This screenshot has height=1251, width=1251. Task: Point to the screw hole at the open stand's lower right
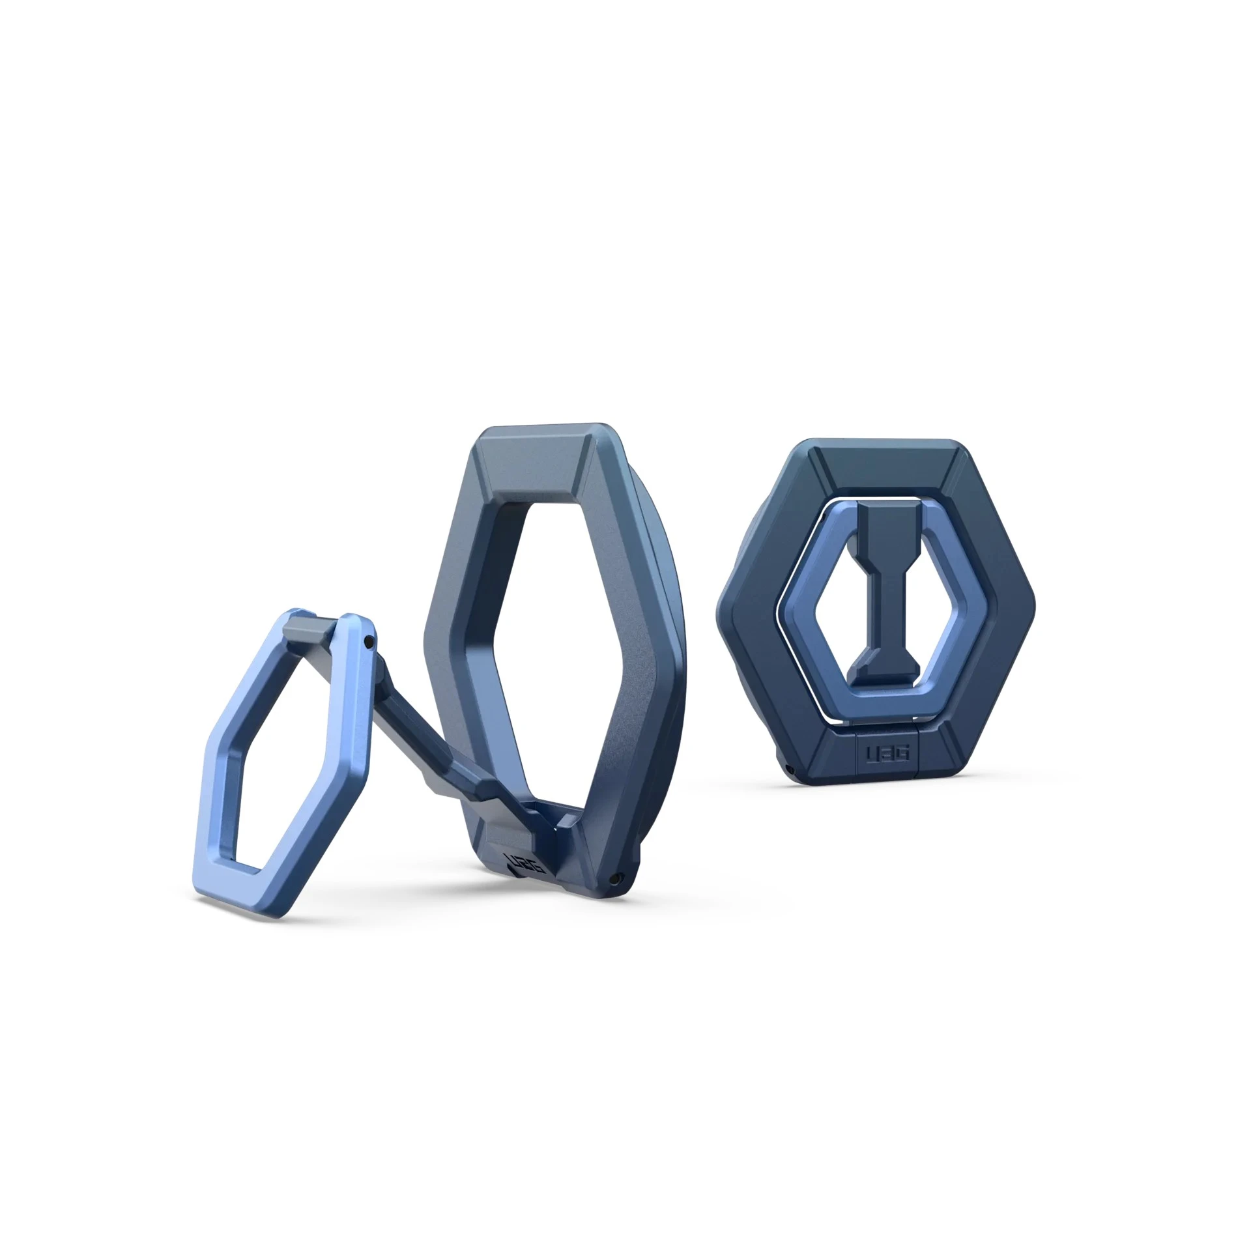tap(614, 880)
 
